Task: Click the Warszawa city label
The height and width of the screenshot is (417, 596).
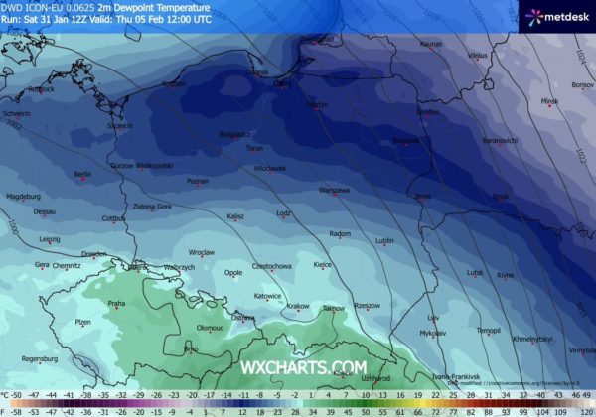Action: point(334,190)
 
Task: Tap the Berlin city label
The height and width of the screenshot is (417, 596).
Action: point(81,175)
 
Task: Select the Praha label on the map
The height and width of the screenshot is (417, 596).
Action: point(116,303)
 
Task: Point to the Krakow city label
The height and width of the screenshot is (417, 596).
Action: point(298,306)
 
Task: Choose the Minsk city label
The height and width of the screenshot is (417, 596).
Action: point(549,101)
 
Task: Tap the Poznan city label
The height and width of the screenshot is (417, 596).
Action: point(198,181)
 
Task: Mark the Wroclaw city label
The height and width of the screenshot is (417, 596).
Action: point(202,252)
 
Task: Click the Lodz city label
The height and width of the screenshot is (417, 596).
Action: point(284,212)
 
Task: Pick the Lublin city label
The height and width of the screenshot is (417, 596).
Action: point(385,240)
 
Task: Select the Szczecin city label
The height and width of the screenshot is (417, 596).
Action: point(121,126)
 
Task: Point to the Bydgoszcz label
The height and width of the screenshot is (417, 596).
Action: point(235,132)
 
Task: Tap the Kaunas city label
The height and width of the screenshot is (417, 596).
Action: point(430,45)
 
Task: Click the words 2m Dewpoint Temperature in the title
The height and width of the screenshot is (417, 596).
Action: point(152,6)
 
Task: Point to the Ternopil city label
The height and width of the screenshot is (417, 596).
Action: point(488,329)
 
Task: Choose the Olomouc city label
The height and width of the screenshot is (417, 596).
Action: point(210,327)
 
